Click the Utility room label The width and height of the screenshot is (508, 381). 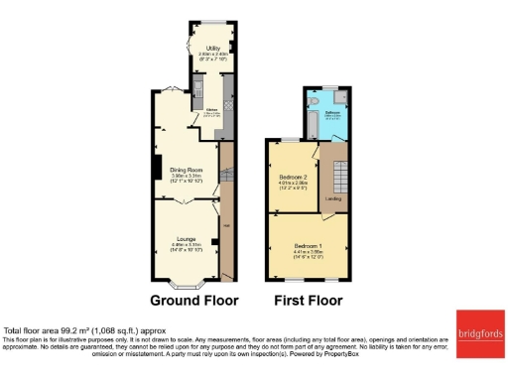click(x=212, y=48)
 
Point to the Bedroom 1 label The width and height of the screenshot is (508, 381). click(x=307, y=244)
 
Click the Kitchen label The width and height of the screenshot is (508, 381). click(x=211, y=111)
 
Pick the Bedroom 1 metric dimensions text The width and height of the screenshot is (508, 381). click(x=307, y=250)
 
